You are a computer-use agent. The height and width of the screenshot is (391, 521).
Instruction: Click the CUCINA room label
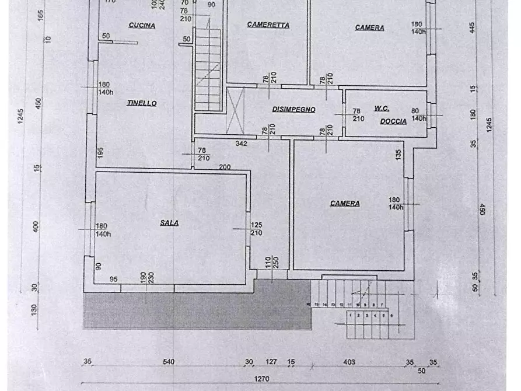click(x=142, y=26)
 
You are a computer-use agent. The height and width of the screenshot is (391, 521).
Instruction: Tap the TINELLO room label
click(x=142, y=103)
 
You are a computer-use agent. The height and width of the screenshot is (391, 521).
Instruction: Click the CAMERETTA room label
click(x=268, y=25)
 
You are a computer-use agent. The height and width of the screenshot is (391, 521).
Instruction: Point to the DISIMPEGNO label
click(x=293, y=109)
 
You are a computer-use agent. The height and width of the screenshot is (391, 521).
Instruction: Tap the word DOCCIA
click(x=393, y=121)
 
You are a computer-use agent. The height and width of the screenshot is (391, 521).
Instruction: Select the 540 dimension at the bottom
click(x=169, y=362)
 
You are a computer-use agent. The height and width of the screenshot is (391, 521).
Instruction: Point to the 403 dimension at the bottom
click(x=349, y=362)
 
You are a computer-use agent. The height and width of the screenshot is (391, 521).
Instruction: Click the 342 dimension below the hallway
click(x=242, y=143)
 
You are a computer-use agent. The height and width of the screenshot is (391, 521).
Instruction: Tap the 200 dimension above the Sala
click(x=225, y=167)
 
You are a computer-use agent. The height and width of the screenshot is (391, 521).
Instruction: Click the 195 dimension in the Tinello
click(x=100, y=153)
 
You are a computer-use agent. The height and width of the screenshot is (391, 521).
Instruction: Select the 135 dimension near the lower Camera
click(x=398, y=155)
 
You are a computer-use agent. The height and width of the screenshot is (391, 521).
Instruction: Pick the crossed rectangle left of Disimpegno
click(x=235, y=109)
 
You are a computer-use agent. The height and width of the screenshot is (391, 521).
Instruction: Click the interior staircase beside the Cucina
click(x=208, y=70)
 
